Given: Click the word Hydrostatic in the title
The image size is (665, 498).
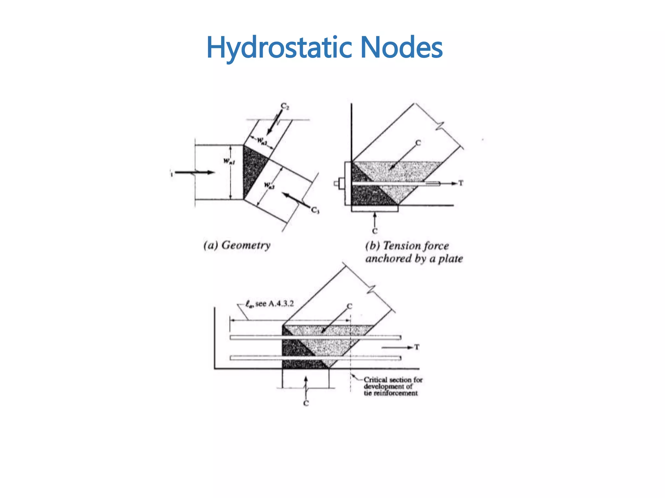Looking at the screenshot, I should pyautogui.click(x=279, y=48).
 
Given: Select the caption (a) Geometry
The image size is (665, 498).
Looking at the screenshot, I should pyautogui.click(x=237, y=245).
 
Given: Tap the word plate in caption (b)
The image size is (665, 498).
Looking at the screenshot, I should pyautogui.click(x=450, y=259).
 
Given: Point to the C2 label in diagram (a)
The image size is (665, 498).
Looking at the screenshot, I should pyautogui.click(x=285, y=106).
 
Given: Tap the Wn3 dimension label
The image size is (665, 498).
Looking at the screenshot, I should pyautogui.click(x=269, y=185).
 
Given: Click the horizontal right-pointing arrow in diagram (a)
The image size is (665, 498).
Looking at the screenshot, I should pyautogui.click(x=195, y=172).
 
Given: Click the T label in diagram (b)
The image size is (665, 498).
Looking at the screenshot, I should pyautogui.click(x=460, y=183).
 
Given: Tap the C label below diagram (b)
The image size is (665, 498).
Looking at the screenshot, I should pyautogui.click(x=375, y=231).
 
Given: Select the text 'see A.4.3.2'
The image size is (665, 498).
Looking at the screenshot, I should pyautogui.click(x=274, y=303).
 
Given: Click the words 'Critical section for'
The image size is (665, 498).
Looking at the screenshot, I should pyautogui.click(x=393, y=379).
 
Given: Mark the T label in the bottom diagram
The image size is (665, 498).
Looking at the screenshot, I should pyautogui.click(x=417, y=347).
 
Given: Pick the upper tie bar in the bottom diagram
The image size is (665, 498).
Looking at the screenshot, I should pyautogui.click(x=315, y=338).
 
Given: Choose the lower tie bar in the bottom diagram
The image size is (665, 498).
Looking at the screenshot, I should pyautogui.click(x=315, y=358).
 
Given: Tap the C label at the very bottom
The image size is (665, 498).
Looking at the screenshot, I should pyautogui.click(x=306, y=403).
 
